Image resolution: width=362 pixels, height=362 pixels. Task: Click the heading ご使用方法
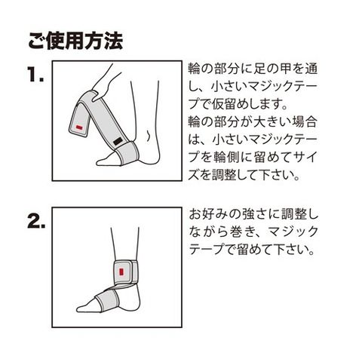(x=75, y=41)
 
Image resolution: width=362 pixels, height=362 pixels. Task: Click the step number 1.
(x=36, y=75)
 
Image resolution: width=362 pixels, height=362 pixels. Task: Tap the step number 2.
(x=36, y=221)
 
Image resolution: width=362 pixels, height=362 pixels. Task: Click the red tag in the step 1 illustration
(x=79, y=127)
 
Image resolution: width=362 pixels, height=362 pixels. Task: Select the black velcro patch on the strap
(x=118, y=142)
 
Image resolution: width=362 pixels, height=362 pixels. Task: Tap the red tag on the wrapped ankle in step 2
(x=121, y=272)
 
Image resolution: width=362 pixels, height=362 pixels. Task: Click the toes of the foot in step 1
(x=102, y=161)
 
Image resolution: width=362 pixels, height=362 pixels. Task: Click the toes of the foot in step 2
(x=83, y=308)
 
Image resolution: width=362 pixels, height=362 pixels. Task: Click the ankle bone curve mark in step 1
(x=149, y=136)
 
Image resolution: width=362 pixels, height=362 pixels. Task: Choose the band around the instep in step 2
(x=106, y=300)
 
